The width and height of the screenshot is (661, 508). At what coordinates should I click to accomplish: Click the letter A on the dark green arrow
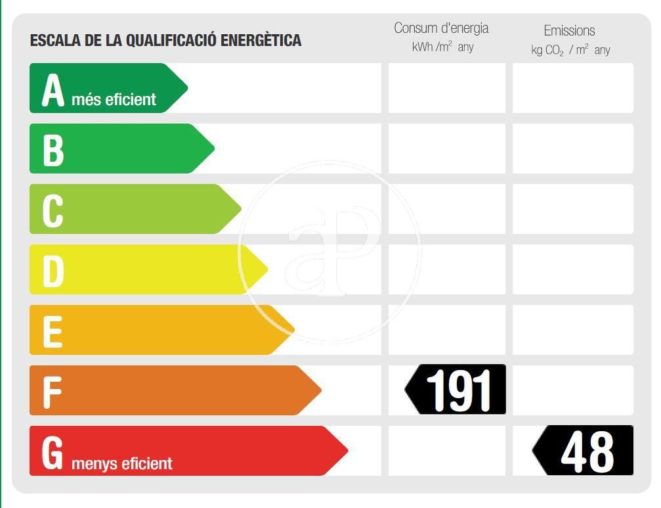pyautogui.click(x=53, y=89)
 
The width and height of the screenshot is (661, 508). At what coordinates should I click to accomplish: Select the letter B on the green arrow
pyautogui.click(x=53, y=150)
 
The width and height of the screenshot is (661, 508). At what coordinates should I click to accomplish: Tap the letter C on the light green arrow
pyautogui.click(x=53, y=210)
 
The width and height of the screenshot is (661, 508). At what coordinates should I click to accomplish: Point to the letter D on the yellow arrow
pyautogui.click(x=53, y=271)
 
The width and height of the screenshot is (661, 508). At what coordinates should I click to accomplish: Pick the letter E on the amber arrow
pyautogui.click(x=52, y=331)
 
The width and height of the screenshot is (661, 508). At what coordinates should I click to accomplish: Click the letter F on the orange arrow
pyautogui.click(x=51, y=392)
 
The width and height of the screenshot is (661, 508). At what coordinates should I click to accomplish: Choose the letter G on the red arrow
pyautogui.click(x=53, y=452)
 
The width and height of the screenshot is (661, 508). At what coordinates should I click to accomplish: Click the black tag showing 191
pyautogui.click(x=456, y=390)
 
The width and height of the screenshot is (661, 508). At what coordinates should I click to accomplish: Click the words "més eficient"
pyautogui.click(x=114, y=100)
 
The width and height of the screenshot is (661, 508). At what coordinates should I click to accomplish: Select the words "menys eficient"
pyautogui.click(x=121, y=463)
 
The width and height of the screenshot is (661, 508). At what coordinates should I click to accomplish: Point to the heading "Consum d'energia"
pyautogui.click(x=441, y=28)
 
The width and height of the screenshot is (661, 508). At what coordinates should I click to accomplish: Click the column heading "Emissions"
pyautogui.click(x=569, y=30)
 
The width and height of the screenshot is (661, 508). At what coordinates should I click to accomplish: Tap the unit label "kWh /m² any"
pyautogui.click(x=442, y=47)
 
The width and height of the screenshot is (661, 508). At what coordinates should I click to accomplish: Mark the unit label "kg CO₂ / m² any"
pyautogui.click(x=570, y=50)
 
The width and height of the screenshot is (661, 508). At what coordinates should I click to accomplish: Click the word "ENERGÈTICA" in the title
pyautogui.click(x=261, y=40)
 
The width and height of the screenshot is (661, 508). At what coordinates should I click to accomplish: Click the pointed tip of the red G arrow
pyautogui.click(x=346, y=451)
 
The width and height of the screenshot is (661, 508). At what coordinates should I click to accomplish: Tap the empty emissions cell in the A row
pyautogui.click(x=572, y=88)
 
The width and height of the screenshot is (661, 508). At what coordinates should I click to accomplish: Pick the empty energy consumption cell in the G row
pyautogui.click(x=447, y=451)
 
